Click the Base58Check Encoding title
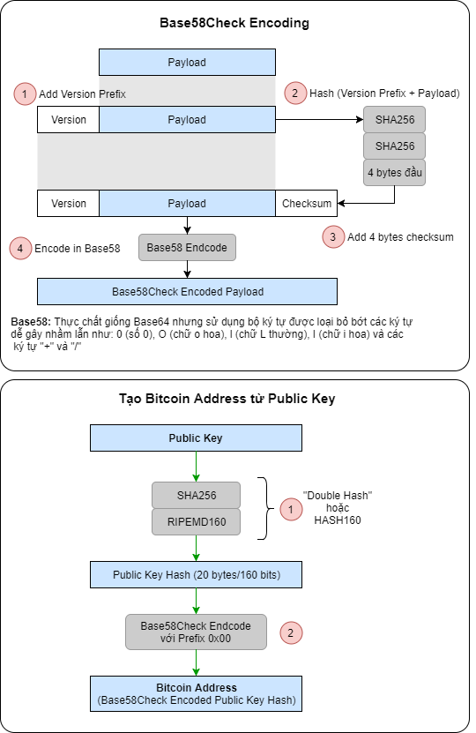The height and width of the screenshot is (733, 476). (234, 24)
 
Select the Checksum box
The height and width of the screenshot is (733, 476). (306, 204)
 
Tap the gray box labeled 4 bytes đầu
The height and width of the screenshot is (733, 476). (394, 172)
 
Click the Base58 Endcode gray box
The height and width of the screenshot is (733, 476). (187, 248)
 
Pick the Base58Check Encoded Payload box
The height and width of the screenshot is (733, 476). (187, 291)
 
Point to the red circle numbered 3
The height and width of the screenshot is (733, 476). (332, 236)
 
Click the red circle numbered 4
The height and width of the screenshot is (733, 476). (21, 249)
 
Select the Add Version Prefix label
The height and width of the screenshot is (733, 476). (83, 93)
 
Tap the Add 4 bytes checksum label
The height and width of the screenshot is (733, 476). (402, 236)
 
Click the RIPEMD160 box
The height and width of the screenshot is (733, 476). (196, 521)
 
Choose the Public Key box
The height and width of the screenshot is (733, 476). (196, 438)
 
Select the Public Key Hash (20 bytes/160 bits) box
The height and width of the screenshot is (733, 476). (196, 574)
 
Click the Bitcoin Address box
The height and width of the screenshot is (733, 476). (196, 693)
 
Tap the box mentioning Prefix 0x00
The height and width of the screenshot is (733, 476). (196, 632)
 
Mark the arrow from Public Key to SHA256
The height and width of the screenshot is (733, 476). (196, 466)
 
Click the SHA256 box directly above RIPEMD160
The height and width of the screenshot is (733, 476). (196, 496)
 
